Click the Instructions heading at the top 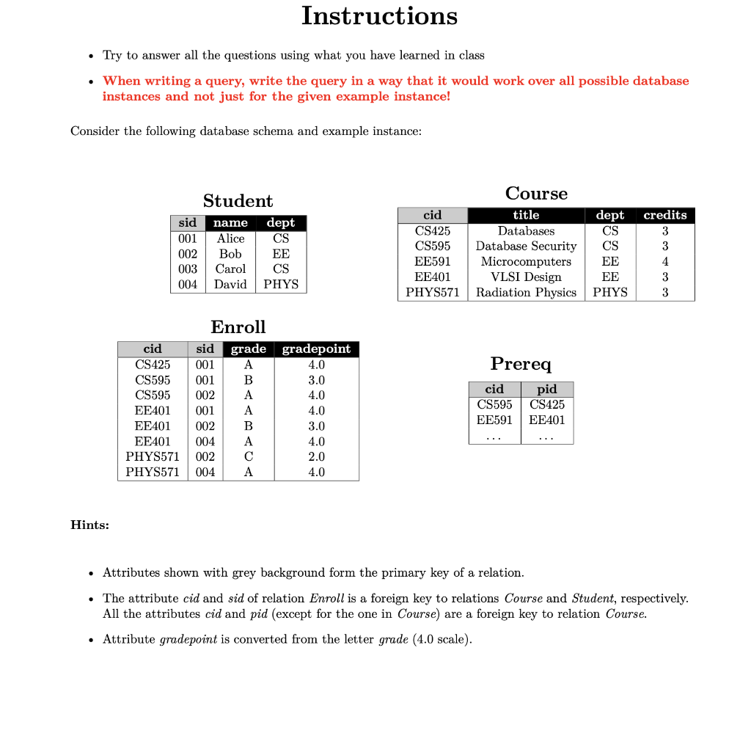(379, 15)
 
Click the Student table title (238, 201)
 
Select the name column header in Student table (230, 223)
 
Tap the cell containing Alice (230, 238)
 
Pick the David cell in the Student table (230, 285)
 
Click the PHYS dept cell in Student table (281, 285)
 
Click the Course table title (536, 194)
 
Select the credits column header (664, 215)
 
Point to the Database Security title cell (526, 247)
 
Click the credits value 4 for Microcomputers (664, 262)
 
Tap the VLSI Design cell (526, 277)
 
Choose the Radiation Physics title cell (526, 293)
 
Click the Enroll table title (238, 327)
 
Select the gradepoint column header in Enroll (316, 349)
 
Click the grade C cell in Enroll (248, 457)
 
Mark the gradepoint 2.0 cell (316, 457)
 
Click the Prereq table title (521, 364)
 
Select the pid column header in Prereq (546, 390)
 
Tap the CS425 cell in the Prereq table (546, 405)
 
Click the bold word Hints (89, 525)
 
